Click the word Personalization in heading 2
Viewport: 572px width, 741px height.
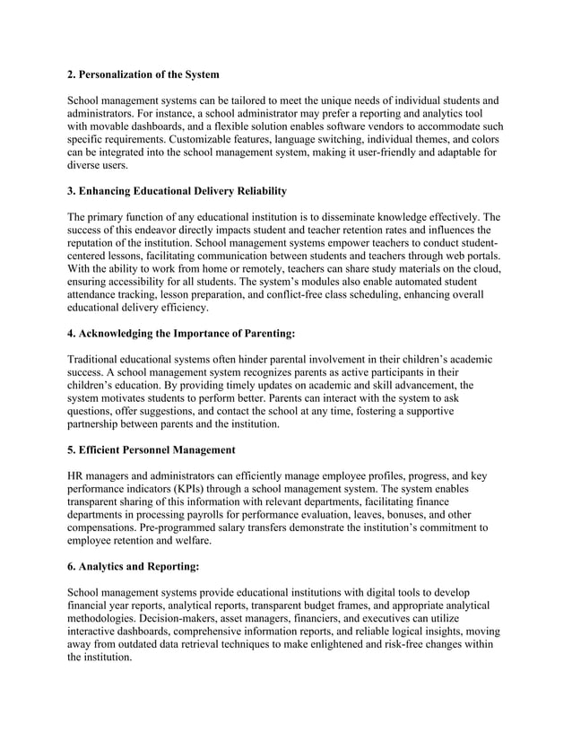(x=120, y=73)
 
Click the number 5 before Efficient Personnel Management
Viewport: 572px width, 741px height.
(x=72, y=449)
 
